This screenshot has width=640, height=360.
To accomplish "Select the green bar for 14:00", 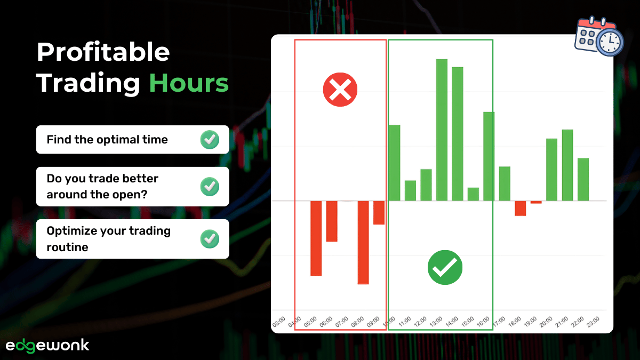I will click(458, 133).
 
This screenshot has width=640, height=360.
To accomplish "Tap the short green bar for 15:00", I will click(473, 194).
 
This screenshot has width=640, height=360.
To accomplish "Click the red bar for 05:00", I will click(316, 238).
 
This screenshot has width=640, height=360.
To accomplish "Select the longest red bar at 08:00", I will click(363, 242).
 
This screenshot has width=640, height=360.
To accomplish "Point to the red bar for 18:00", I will click(520, 208).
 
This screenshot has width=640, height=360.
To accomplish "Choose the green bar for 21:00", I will click(567, 165).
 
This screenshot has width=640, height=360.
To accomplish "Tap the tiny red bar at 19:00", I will click(536, 202).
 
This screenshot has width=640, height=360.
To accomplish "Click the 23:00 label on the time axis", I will click(593, 322).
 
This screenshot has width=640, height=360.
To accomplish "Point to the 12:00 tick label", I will click(420, 322).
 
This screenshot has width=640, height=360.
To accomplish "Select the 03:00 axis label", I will click(278, 322).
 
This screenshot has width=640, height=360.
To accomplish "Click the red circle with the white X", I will click(340, 89).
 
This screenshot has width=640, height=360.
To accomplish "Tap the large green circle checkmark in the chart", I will click(445, 267).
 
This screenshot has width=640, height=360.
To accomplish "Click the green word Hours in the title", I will click(189, 84).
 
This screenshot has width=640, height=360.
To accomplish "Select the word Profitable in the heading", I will click(103, 52).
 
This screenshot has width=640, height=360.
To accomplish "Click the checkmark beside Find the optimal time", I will click(210, 140).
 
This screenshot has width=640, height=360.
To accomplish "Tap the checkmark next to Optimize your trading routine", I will click(210, 239).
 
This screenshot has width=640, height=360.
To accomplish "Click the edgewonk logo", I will click(47, 345).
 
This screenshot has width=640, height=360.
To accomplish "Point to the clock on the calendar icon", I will click(610, 42).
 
